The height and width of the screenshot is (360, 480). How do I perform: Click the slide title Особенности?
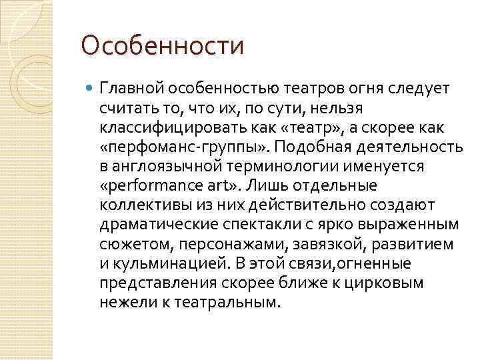pyautogui.click(x=161, y=46)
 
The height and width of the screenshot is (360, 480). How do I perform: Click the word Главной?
pyautogui.click(x=131, y=89)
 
